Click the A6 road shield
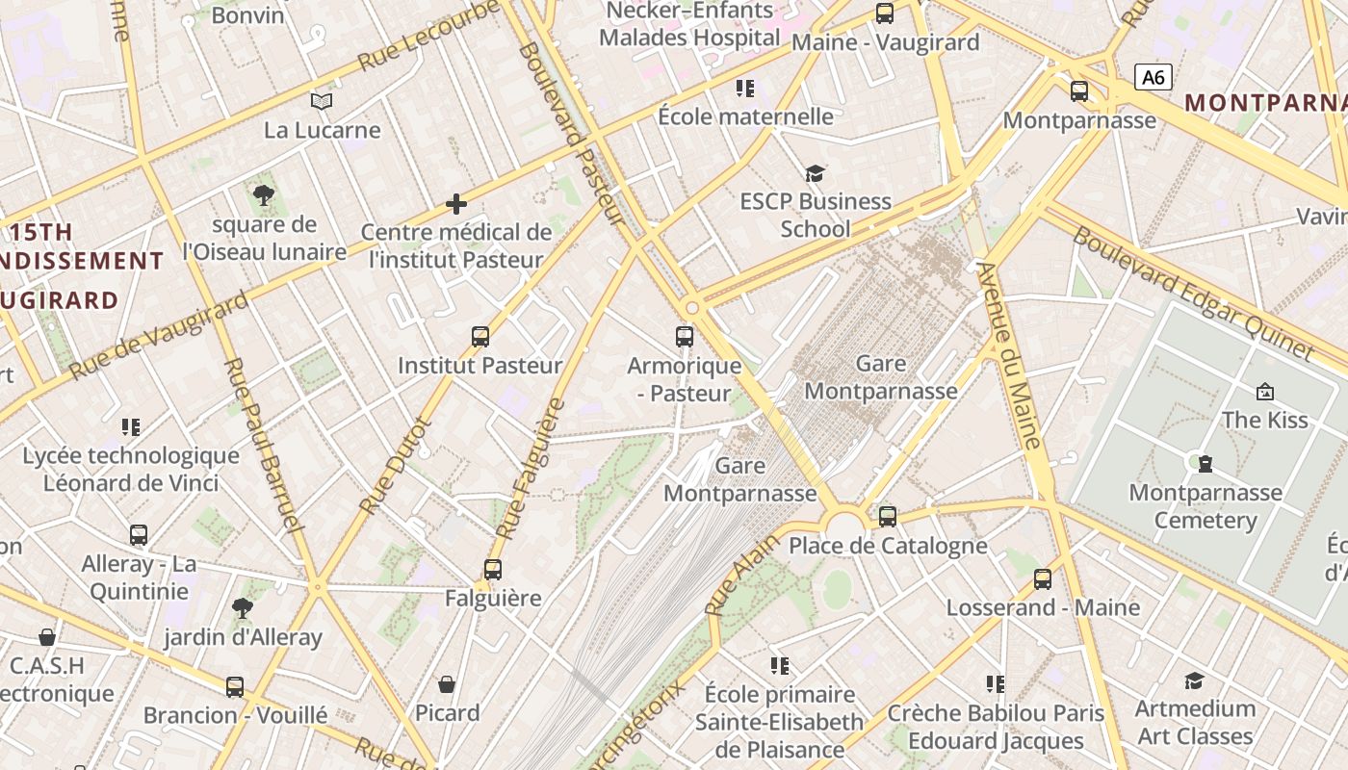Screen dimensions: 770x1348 click(x=1153, y=77)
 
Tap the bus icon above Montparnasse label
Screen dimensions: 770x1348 click(x=1079, y=91)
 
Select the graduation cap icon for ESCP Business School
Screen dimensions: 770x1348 click(x=816, y=173)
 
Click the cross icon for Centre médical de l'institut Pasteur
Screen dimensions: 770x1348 click(x=456, y=204)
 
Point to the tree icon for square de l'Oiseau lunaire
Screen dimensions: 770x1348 click(x=263, y=196)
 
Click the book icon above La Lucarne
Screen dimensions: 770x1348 click(x=322, y=101)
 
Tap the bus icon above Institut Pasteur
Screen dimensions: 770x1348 click(x=480, y=337)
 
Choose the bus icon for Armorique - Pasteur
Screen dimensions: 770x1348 click(x=685, y=337)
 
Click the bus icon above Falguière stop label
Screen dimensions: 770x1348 click(x=493, y=569)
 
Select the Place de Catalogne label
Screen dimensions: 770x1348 click(x=888, y=546)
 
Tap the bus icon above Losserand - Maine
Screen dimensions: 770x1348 click(x=1043, y=579)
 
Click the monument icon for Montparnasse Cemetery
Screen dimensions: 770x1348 click(x=1205, y=464)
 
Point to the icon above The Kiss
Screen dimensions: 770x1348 click(x=1265, y=391)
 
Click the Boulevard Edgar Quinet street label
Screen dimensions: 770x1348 click(x=1193, y=293)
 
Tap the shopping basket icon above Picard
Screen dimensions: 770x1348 click(x=447, y=684)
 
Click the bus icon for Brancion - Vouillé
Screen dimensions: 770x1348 click(x=235, y=687)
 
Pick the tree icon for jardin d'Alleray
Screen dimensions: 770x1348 click(x=243, y=608)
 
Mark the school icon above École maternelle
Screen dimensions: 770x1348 click(x=745, y=89)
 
